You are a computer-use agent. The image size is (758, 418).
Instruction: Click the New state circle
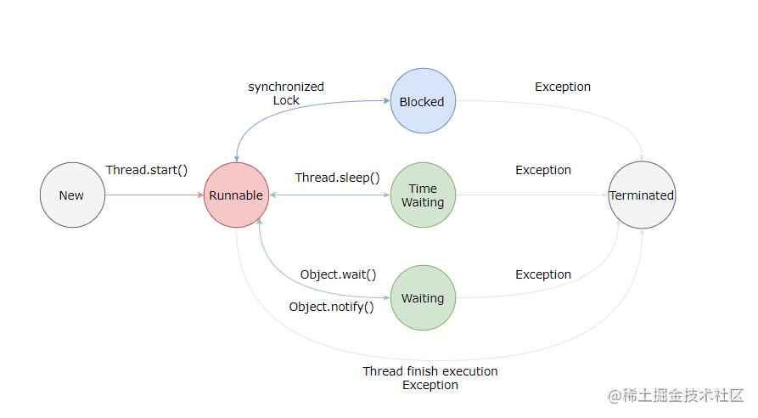tap(71, 195)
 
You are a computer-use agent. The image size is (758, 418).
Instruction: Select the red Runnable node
tap(236, 195)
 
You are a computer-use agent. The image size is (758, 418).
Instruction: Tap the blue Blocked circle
tap(422, 101)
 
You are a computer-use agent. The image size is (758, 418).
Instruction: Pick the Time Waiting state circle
tap(422, 195)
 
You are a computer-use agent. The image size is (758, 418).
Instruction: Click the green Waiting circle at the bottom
tap(422, 298)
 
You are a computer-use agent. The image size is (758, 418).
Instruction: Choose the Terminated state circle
tap(642, 195)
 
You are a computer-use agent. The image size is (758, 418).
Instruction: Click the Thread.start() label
tap(147, 170)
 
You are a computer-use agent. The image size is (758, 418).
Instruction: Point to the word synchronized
tap(286, 87)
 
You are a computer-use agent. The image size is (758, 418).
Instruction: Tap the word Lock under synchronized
tap(286, 100)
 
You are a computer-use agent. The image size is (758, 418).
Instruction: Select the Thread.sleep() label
tap(337, 178)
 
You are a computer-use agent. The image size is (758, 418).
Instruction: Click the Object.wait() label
tap(338, 274)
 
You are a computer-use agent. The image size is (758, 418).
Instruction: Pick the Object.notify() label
tap(331, 307)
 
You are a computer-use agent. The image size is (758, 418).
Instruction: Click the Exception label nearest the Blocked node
tap(562, 87)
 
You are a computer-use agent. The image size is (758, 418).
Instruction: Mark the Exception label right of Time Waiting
tap(543, 170)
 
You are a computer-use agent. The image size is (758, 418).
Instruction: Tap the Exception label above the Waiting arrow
tap(543, 274)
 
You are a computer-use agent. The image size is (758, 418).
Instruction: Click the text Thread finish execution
tap(430, 371)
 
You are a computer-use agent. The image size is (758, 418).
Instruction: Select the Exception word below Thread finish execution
tap(430, 385)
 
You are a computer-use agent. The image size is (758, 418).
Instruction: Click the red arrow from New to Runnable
tap(153, 195)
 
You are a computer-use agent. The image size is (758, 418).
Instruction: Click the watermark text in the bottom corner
tap(675, 396)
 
